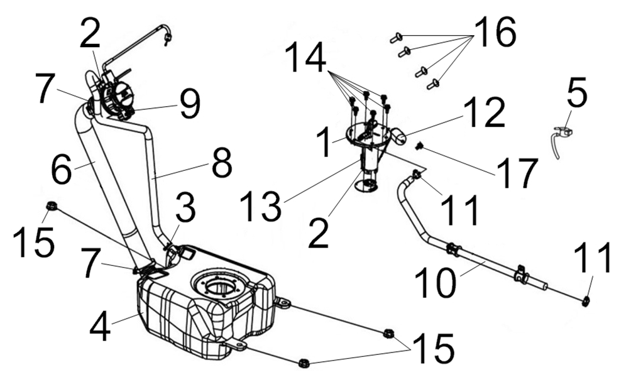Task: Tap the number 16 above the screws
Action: pyautogui.click(x=494, y=33)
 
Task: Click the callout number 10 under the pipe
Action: pyautogui.click(x=435, y=283)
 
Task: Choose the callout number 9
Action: pyautogui.click(x=189, y=104)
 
